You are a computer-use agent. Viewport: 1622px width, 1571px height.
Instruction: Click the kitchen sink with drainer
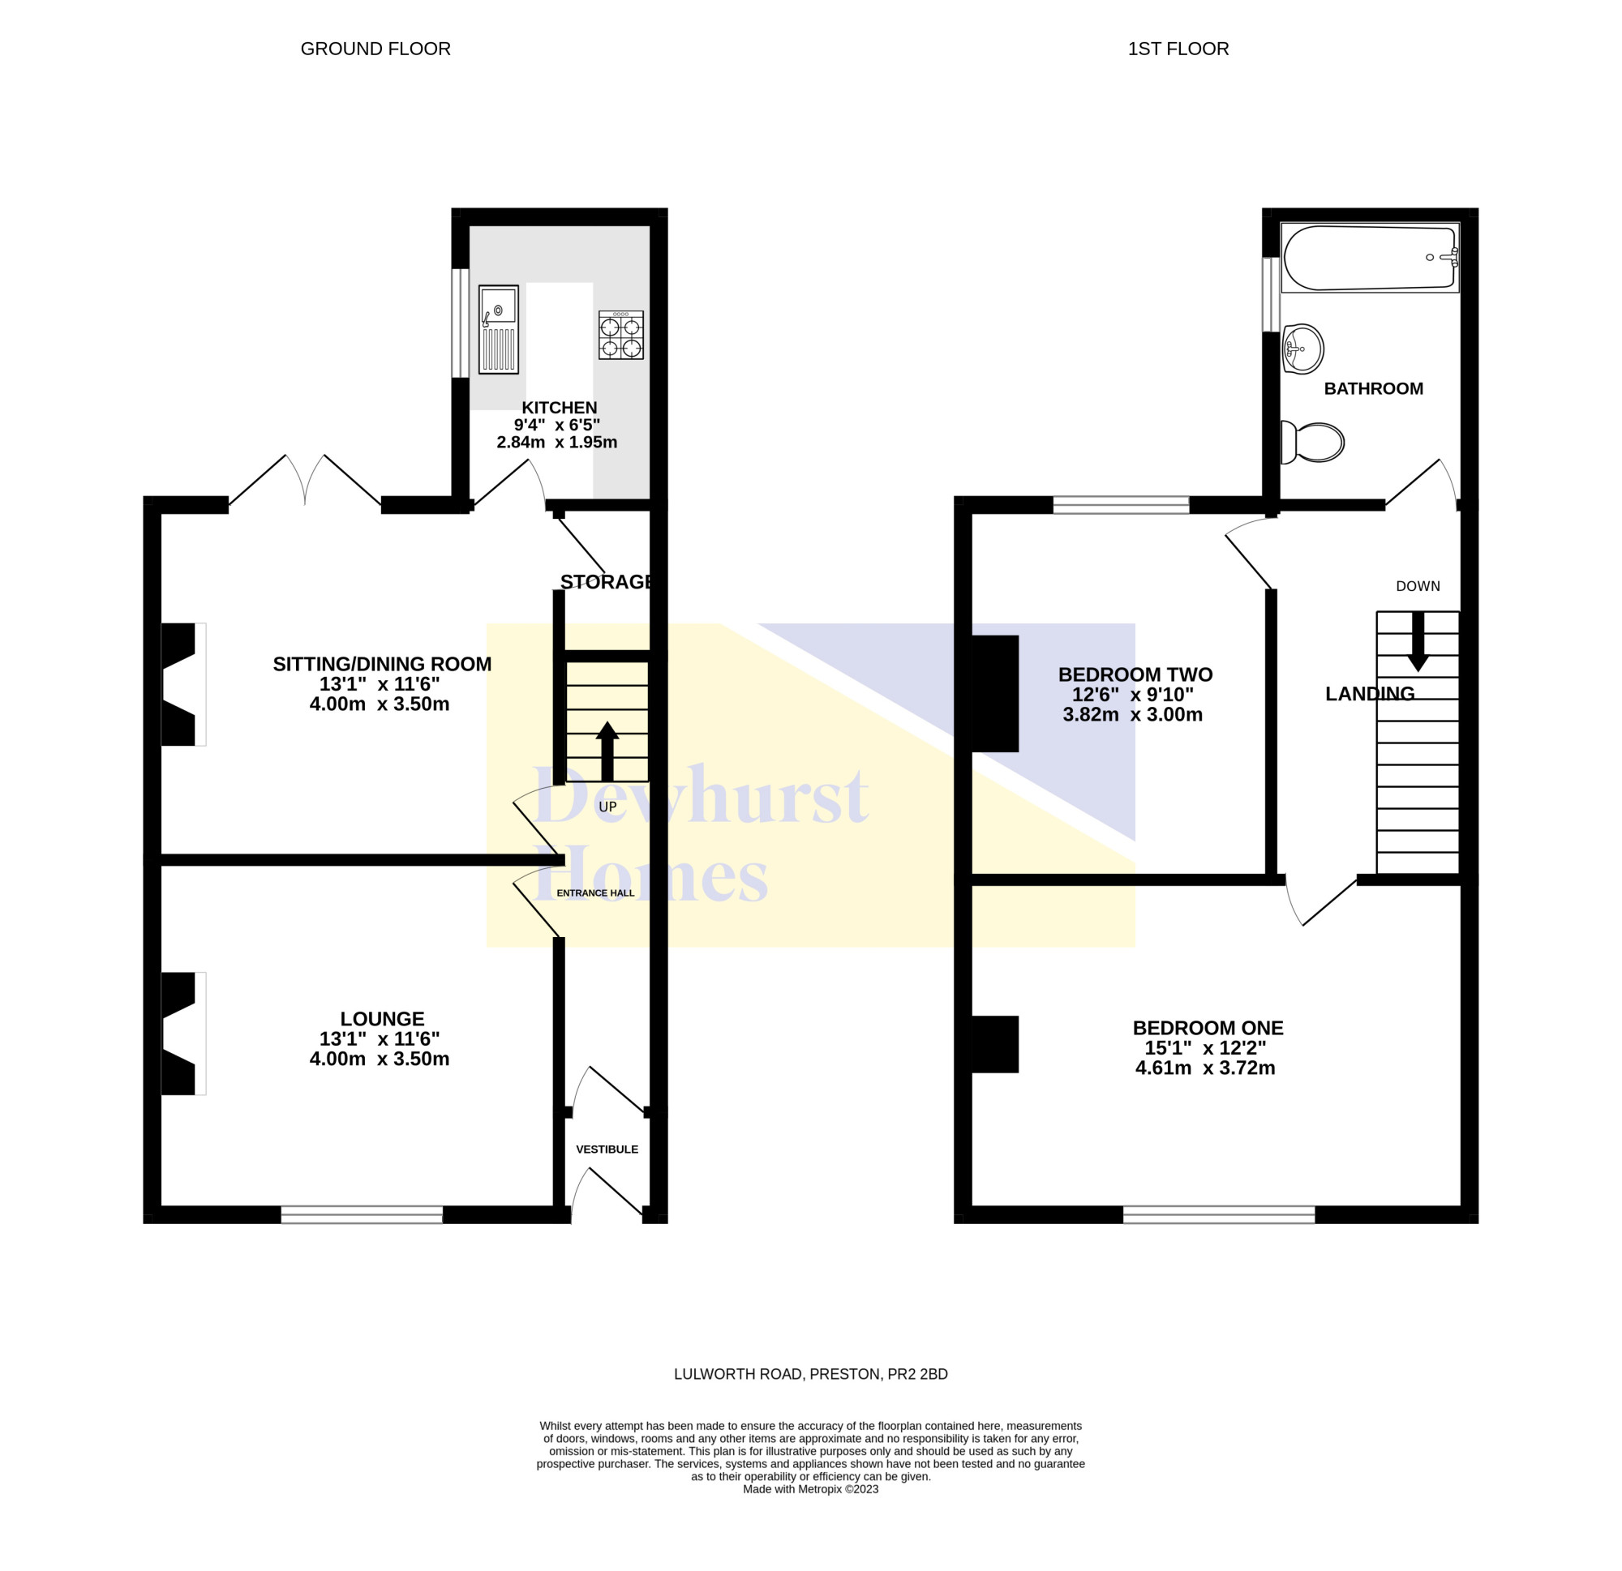pos(498,329)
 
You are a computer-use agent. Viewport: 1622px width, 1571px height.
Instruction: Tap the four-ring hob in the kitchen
pos(620,335)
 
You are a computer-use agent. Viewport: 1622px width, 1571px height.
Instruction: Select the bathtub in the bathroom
pos(1370,257)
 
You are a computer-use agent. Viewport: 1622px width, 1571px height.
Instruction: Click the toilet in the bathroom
pos(1311,443)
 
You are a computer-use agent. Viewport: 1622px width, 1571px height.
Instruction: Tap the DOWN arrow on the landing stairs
pos(1418,641)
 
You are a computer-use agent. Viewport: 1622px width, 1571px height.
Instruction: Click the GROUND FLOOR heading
pos(375,49)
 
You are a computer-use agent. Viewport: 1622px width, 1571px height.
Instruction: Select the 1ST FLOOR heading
pos(1178,49)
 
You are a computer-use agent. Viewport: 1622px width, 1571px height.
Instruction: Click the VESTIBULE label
pos(607,1149)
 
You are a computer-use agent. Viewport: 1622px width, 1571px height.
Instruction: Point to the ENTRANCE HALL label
pos(596,893)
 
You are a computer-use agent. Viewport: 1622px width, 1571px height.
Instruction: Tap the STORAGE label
pos(607,581)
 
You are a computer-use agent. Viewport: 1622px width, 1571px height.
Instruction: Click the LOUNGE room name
pos(382,1019)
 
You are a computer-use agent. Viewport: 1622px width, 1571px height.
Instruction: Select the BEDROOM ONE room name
pos(1208,1029)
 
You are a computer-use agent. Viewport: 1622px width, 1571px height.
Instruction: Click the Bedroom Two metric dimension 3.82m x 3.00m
pos(1133,715)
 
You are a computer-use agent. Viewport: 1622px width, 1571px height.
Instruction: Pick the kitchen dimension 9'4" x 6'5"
pos(557,426)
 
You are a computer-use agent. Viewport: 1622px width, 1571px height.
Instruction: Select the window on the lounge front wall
pos(362,1214)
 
